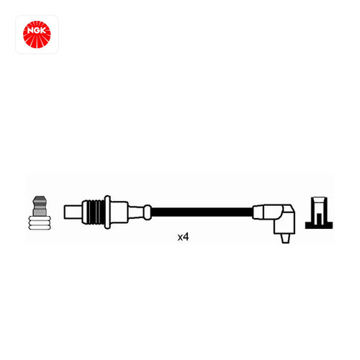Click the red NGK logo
37,35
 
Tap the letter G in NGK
37,31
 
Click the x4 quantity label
183,237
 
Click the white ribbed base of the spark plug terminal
40,222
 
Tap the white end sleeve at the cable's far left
73,212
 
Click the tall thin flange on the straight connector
107,212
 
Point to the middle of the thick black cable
202,212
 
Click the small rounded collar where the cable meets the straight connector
148,212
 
